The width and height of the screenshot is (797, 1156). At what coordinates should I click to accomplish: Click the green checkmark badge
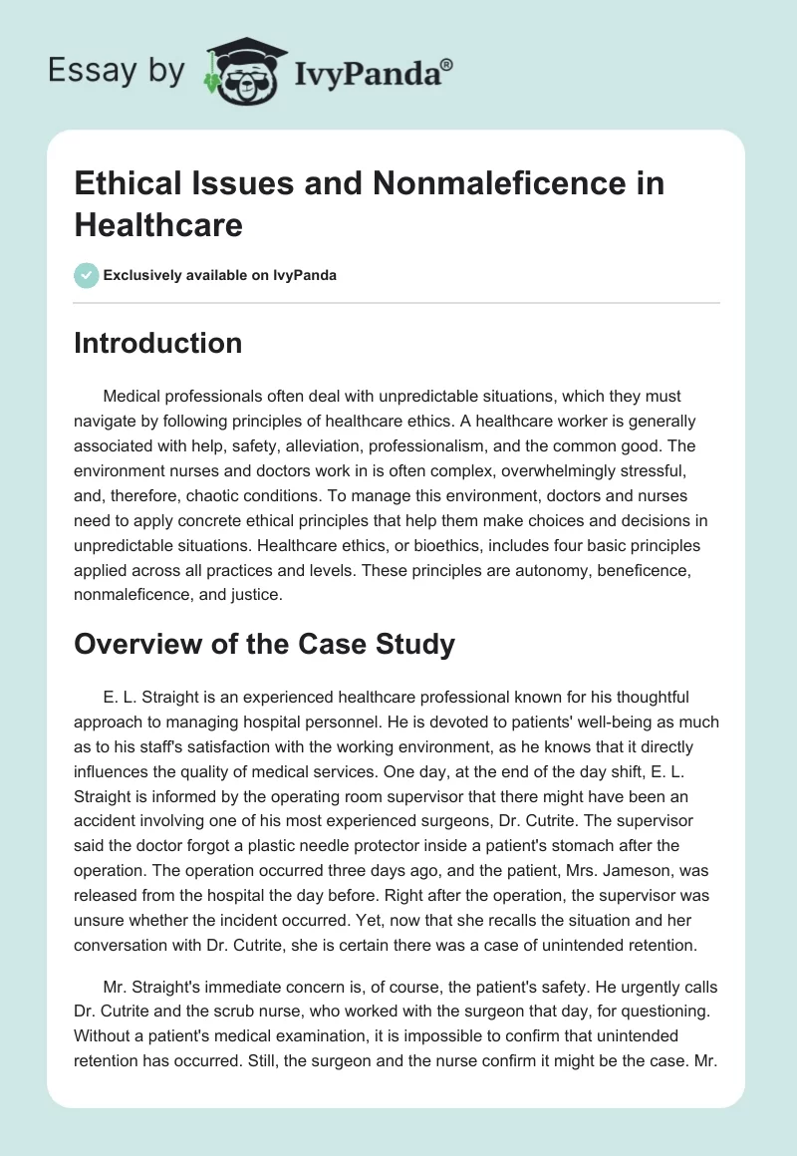87,275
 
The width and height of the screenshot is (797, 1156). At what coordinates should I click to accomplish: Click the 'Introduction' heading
158,344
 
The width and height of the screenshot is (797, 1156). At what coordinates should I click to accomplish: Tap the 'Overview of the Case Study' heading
265,644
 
